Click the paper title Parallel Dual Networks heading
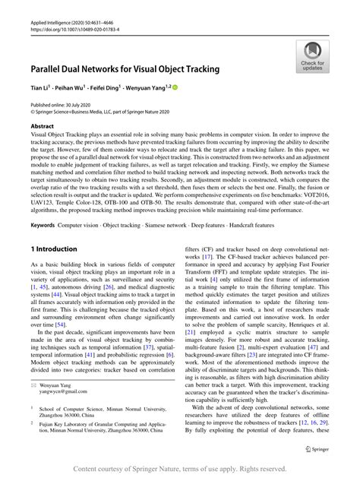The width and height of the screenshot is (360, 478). point(125,69)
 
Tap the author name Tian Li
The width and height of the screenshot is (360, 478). point(39,88)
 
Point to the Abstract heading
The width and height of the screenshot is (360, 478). point(43,125)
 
